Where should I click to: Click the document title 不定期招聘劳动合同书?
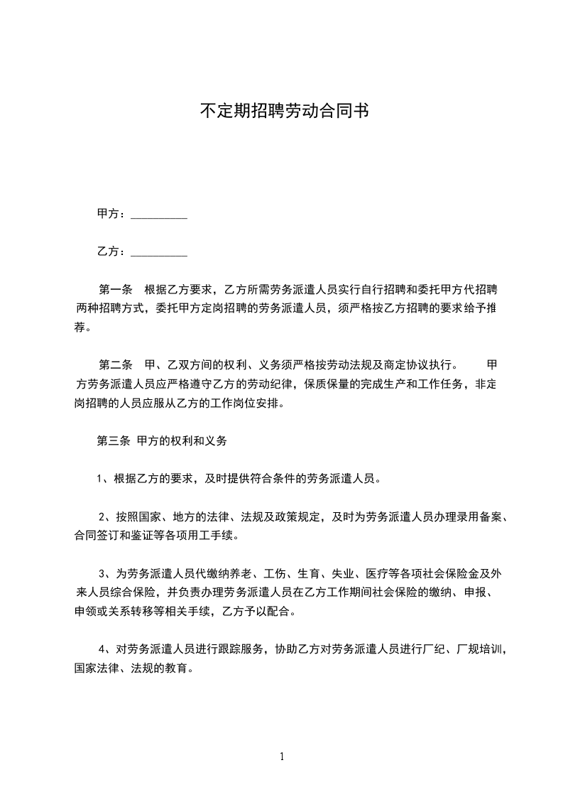pyautogui.click(x=282, y=111)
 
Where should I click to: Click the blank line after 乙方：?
pyautogui.click(x=160, y=251)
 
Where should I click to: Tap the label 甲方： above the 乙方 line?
pyautogui.click(x=112, y=213)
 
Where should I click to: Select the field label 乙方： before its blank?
pyautogui.click(x=112, y=251)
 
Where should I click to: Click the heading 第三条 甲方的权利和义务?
pyautogui.click(x=162, y=440)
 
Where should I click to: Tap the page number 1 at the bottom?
pyautogui.click(x=282, y=756)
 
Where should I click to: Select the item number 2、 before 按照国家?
pyautogui.click(x=105, y=516)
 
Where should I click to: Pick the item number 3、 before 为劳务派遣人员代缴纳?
pyautogui.click(x=105, y=573)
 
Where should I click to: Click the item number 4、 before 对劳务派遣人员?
pyautogui.click(x=105, y=649)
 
